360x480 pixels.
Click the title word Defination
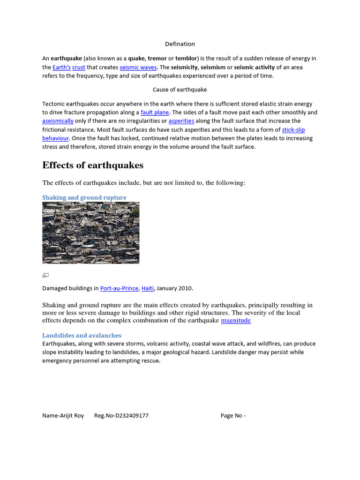[180, 44]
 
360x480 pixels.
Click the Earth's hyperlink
[61, 67]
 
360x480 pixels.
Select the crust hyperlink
[78, 67]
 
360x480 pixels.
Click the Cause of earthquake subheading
[180, 90]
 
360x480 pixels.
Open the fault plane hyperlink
[155, 112]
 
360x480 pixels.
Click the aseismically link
[58, 121]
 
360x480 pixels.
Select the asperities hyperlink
[181, 121]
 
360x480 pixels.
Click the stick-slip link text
[293, 130]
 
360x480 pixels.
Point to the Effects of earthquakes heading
[93, 165]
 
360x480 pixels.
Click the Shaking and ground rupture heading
[84, 197]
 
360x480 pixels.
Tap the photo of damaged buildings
[90, 232]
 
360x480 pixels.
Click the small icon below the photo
[45, 275]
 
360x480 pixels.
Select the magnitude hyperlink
[236, 321]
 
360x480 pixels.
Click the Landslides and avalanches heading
[82, 336]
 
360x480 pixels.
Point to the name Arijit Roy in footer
[63, 416]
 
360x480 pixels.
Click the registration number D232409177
[121, 416]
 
